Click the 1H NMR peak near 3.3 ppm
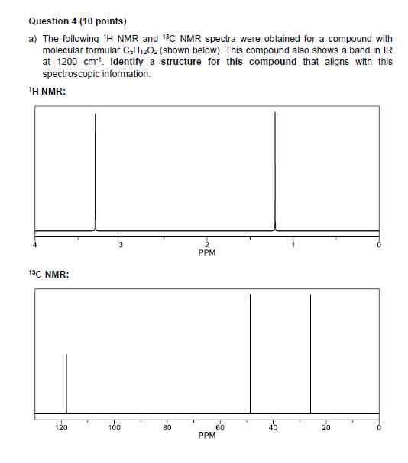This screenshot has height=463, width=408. click(x=95, y=172)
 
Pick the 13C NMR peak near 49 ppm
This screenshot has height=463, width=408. click(x=251, y=355)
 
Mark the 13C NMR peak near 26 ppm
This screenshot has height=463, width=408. click(x=310, y=355)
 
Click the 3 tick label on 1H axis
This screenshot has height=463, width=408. click(x=120, y=245)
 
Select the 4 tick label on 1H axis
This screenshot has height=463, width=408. click(x=34, y=245)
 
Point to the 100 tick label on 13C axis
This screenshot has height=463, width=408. click(x=114, y=428)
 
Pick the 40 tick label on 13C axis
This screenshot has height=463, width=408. click(x=273, y=428)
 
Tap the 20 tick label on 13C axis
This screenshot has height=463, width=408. click(x=325, y=428)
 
